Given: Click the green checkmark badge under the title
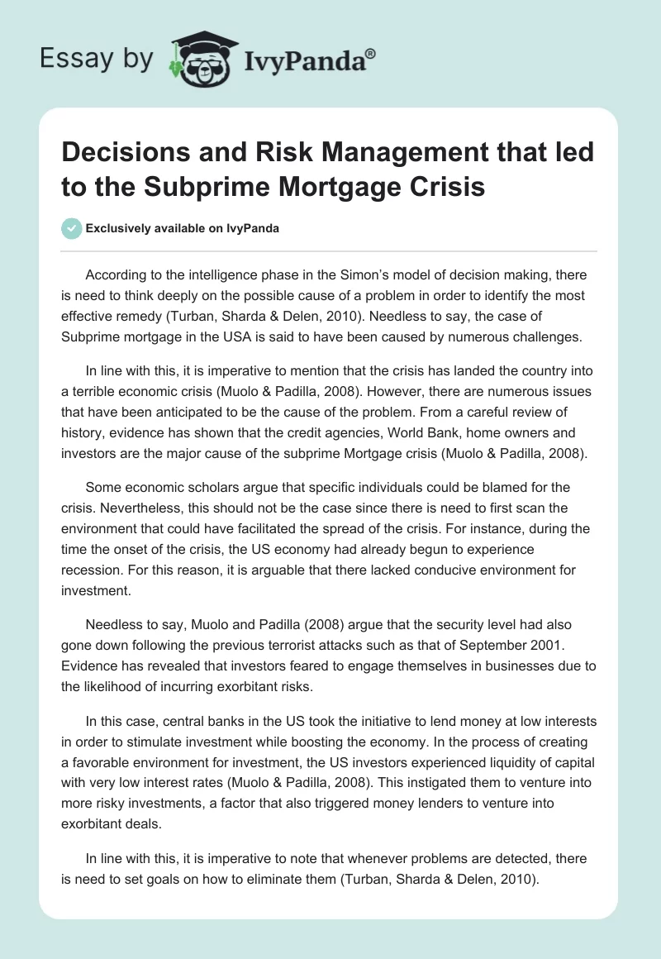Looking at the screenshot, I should [x=72, y=229].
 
